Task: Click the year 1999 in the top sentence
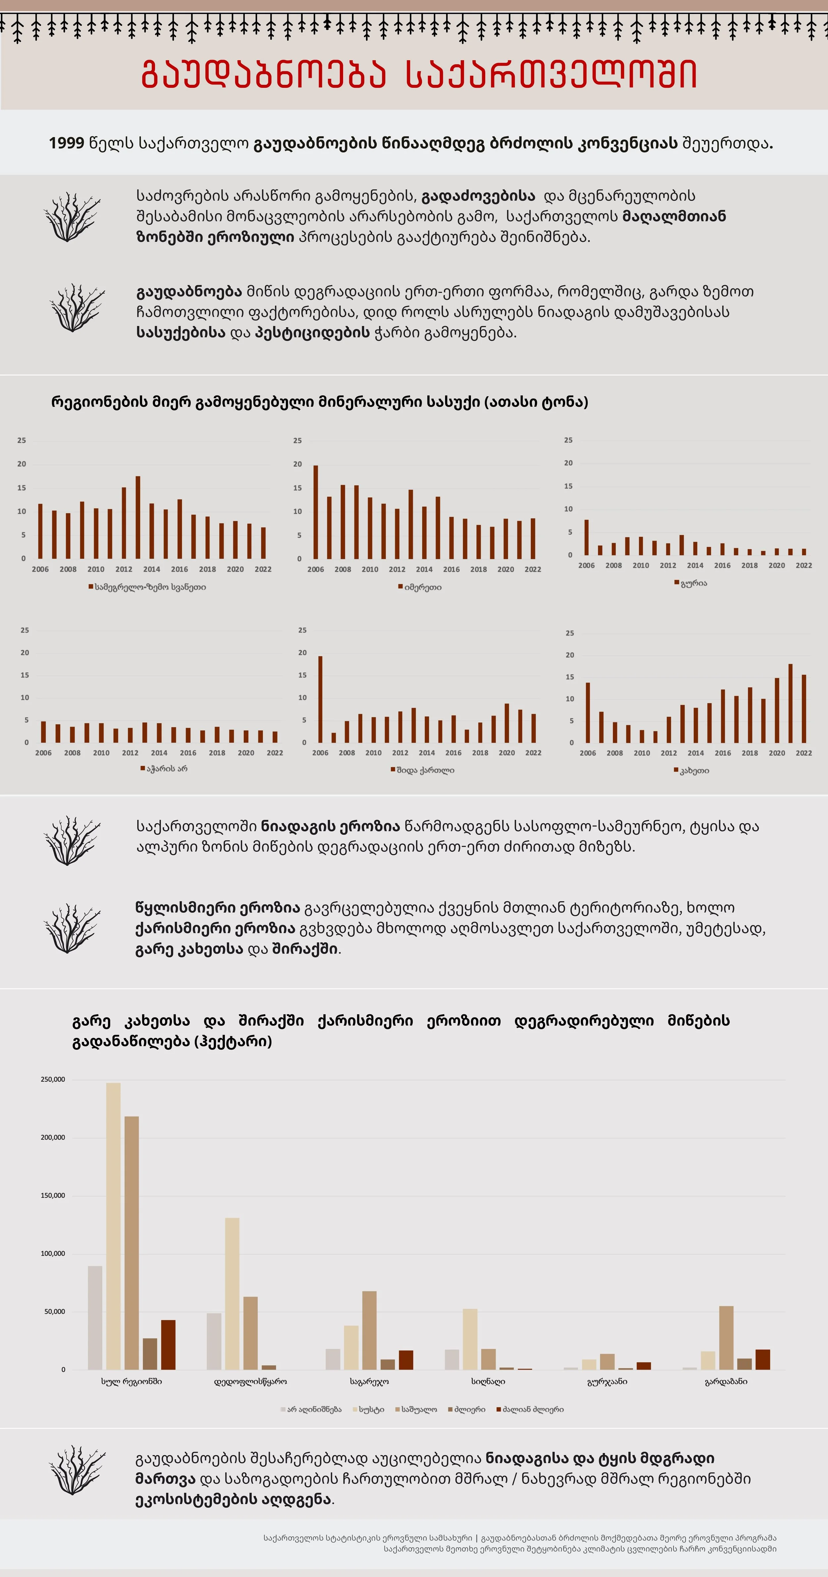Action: (x=66, y=143)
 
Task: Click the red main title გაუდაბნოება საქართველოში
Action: (x=419, y=75)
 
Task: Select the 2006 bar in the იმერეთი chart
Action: (x=315, y=512)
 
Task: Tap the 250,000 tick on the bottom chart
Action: (x=53, y=1079)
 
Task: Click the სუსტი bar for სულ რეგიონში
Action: (x=113, y=1226)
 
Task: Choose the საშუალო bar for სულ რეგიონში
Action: (x=132, y=1243)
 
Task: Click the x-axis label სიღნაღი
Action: (x=488, y=1382)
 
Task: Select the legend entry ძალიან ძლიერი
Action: (x=533, y=1409)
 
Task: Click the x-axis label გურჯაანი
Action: (x=607, y=1382)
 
